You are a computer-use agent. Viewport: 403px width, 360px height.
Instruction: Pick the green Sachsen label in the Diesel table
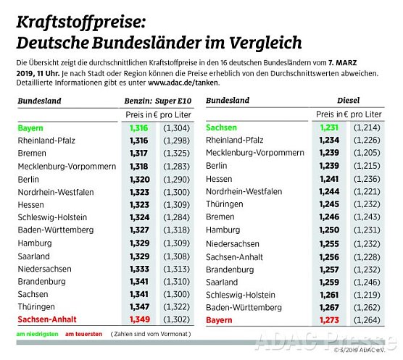pos(221,127)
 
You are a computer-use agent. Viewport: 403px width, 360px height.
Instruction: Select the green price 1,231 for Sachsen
pos(329,127)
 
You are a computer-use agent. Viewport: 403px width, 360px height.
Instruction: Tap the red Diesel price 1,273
pos(329,319)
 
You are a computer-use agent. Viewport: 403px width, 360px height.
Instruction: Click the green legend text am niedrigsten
pos(36,335)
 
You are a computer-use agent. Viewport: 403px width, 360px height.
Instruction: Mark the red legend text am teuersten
pos(82,335)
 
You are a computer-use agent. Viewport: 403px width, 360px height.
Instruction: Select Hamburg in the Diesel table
pos(223,230)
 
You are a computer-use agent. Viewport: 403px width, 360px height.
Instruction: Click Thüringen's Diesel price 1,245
pos(329,204)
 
